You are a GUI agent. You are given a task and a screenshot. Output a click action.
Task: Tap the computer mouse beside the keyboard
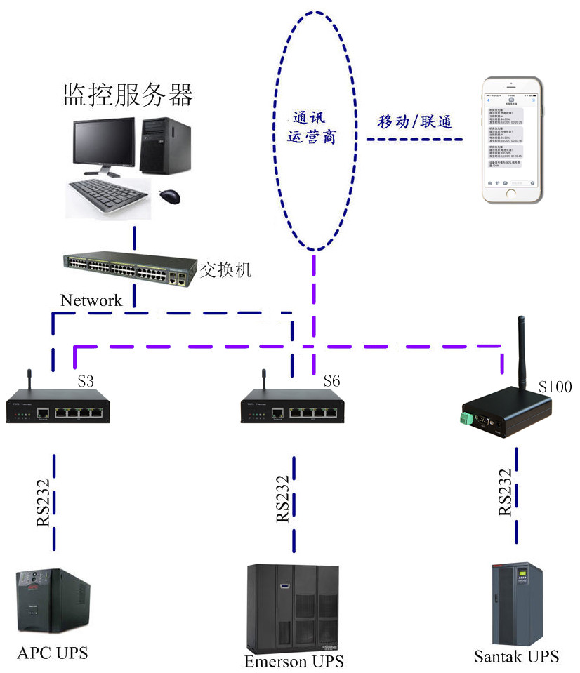click(x=169, y=196)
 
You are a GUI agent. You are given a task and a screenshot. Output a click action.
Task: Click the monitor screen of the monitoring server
click(x=104, y=141)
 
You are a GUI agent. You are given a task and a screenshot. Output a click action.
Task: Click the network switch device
click(x=130, y=267)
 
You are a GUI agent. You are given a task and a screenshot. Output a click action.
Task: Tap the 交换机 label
click(x=225, y=269)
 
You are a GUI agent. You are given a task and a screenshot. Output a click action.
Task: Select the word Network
click(x=91, y=300)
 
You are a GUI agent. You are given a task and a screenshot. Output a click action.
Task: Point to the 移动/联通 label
click(x=414, y=121)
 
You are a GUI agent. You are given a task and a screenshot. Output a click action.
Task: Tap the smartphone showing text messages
click(x=510, y=140)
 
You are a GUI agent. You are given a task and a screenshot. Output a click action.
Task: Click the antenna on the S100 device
click(x=522, y=351)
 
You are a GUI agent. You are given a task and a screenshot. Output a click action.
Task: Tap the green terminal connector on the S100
click(x=464, y=419)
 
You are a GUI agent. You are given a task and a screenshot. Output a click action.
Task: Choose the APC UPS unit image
click(x=53, y=601)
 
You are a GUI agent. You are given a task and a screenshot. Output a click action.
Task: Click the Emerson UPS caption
click(x=294, y=661)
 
